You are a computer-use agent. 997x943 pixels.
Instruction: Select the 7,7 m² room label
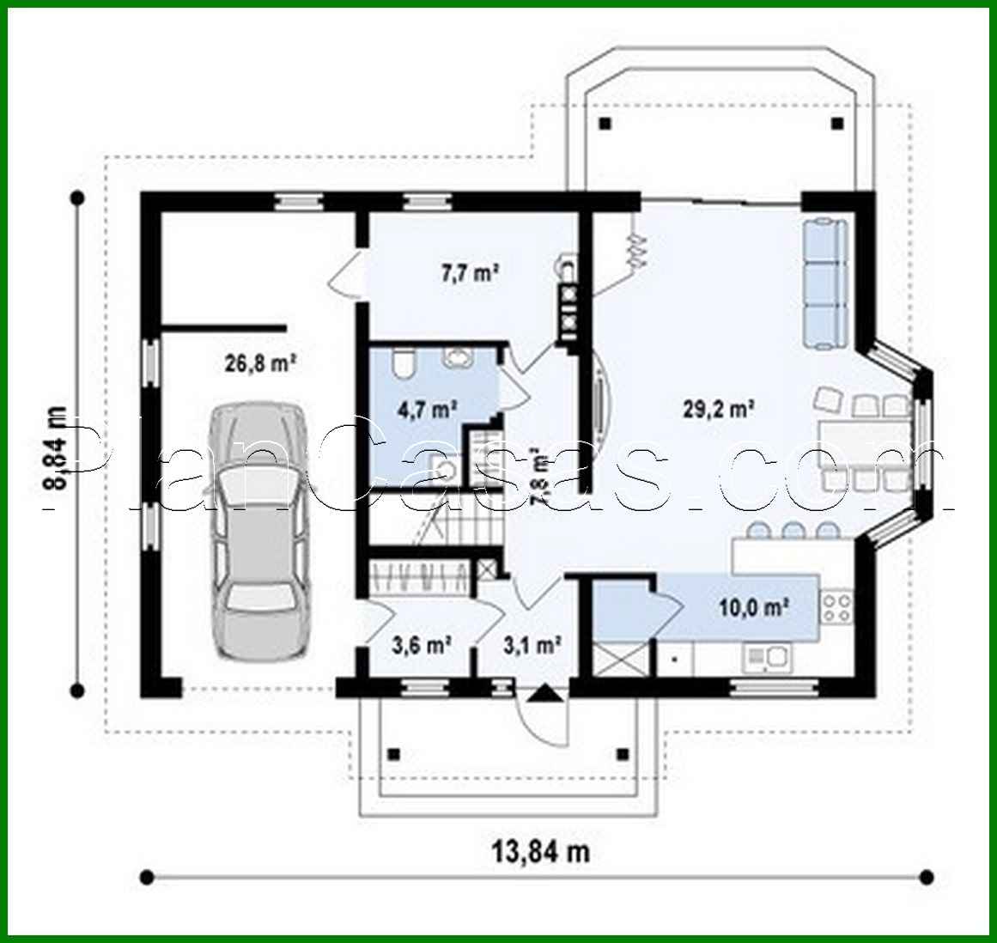[x=471, y=274]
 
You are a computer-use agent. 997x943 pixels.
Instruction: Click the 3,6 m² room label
[x=423, y=644]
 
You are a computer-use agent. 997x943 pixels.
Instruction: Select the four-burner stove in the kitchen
[x=837, y=606]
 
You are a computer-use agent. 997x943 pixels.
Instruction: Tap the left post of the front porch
[x=394, y=755]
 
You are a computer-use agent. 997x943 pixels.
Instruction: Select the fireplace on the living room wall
[x=599, y=399]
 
